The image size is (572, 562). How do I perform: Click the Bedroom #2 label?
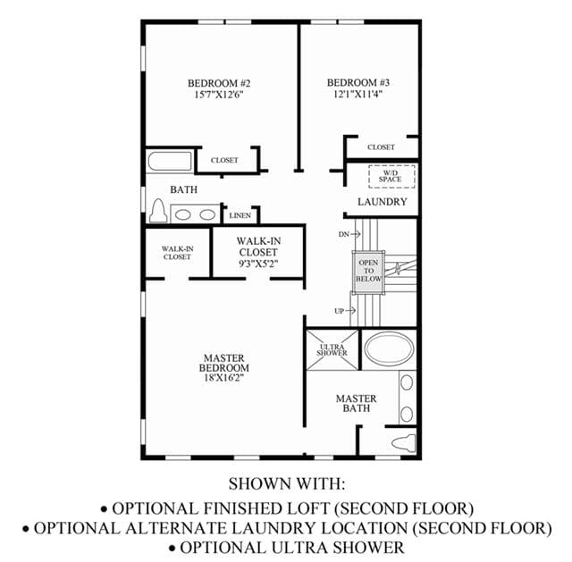(219, 83)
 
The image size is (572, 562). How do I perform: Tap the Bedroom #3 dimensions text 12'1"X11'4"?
(357, 94)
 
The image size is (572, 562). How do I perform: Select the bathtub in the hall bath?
(170, 161)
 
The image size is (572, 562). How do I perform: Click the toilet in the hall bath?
(158, 211)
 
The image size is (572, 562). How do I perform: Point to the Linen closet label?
(240, 215)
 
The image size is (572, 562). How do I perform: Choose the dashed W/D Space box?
(391, 177)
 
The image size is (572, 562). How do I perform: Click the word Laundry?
(382, 202)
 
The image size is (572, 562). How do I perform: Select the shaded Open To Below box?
(368, 272)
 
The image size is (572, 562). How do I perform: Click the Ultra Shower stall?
(332, 349)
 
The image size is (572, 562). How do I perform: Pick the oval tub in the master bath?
(390, 349)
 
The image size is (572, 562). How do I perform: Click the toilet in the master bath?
(404, 443)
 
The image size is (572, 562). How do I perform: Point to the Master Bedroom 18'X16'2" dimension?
(223, 378)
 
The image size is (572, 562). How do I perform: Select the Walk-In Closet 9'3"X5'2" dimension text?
(258, 264)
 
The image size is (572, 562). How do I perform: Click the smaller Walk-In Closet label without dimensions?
(177, 253)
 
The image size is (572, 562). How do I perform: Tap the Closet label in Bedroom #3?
(382, 147)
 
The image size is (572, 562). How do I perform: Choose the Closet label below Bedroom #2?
(224, 160)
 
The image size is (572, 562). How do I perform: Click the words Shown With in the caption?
(287, 484)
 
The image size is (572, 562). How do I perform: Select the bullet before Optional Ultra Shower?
(172, 549)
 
